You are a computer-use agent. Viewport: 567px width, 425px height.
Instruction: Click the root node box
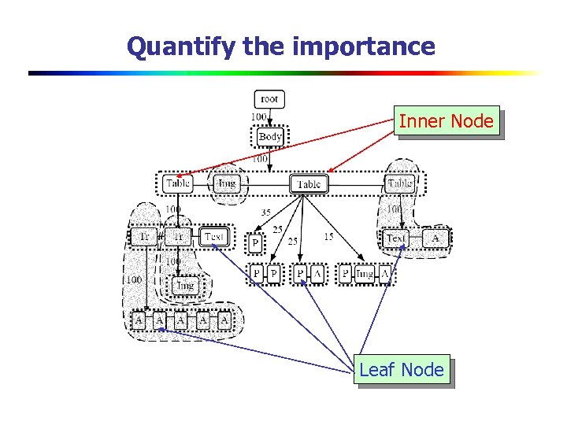(x=269, y=99)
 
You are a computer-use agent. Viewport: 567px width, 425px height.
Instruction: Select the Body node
(x=269, y=136)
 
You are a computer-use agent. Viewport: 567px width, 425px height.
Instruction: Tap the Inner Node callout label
(x=447, y=122)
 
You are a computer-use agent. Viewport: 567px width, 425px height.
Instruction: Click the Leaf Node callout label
(x=402, y=369)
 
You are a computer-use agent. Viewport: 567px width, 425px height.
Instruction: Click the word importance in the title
(x=363, y=46)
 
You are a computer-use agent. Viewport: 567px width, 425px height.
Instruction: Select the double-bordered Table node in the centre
(x=309, y=184)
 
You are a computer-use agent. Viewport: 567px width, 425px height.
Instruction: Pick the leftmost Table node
(x=179, y=184)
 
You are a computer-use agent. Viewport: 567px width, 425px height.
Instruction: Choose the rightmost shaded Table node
(x=400, y=184)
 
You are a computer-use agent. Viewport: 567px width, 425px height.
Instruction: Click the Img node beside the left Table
(x=226, y=184)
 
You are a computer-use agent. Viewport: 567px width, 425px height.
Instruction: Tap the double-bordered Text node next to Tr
(x=214, y=236)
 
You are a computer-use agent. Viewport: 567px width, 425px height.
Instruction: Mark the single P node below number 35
(x=255, y=244)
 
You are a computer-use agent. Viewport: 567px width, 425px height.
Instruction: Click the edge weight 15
(x=328, y=237)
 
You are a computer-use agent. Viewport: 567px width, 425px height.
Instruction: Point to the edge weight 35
(x=266, y=213)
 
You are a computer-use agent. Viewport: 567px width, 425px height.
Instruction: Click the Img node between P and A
(x=364, y=273)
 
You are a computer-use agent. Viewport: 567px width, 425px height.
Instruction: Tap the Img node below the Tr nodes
(x=184, y=285)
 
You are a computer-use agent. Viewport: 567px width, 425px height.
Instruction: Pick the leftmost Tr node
(x=144, y=236)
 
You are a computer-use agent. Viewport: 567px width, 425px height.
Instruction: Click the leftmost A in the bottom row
(x=139, y=321)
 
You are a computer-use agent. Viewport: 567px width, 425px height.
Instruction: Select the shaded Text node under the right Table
(x=396, y=237)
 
